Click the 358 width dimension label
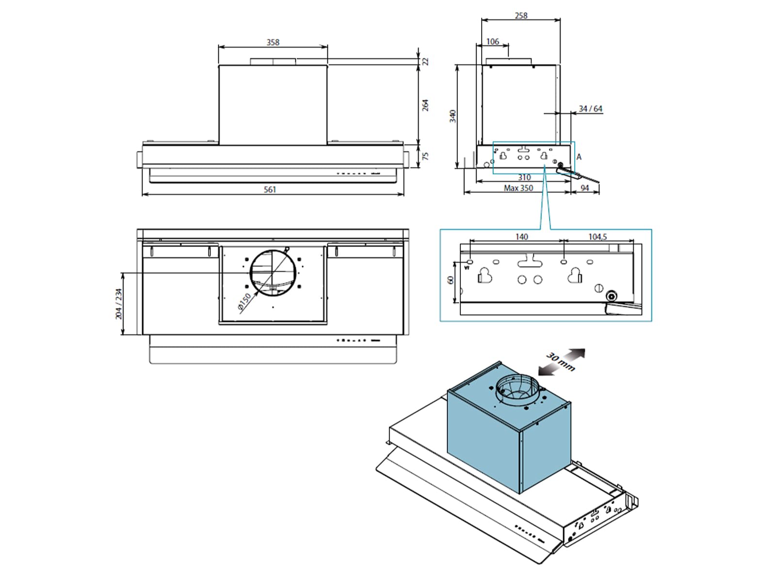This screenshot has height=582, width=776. (x=273, y=42)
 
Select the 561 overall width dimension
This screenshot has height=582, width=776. (x=270, y=190)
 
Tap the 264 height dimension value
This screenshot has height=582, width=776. (x=425, y=105)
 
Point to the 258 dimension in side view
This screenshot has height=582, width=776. (x=521, y=16)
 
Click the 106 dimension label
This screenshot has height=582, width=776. (x=492, y=42)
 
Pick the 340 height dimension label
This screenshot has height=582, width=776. (x=453, y=116)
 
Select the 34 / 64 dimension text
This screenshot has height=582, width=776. (x=590, y=109)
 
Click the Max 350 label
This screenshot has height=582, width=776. (x=518, y=188)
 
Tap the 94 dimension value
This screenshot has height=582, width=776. (x=585, y=188)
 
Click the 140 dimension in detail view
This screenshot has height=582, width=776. (x=522, y=236)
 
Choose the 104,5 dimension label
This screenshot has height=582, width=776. (x=598, y=236)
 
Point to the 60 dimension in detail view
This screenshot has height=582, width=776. (x=450, y=280)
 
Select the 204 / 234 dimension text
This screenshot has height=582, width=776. (x=119, y=304)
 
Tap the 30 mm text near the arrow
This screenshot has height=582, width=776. (x=561, y=361)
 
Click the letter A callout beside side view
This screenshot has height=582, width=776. (x=579, y=157)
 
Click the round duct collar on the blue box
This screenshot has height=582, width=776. (x=517, y=389)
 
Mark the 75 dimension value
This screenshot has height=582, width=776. (x=425, y=156)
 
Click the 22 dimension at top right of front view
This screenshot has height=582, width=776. (x=426, y=62)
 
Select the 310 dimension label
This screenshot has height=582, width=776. (x=524, y=178)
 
